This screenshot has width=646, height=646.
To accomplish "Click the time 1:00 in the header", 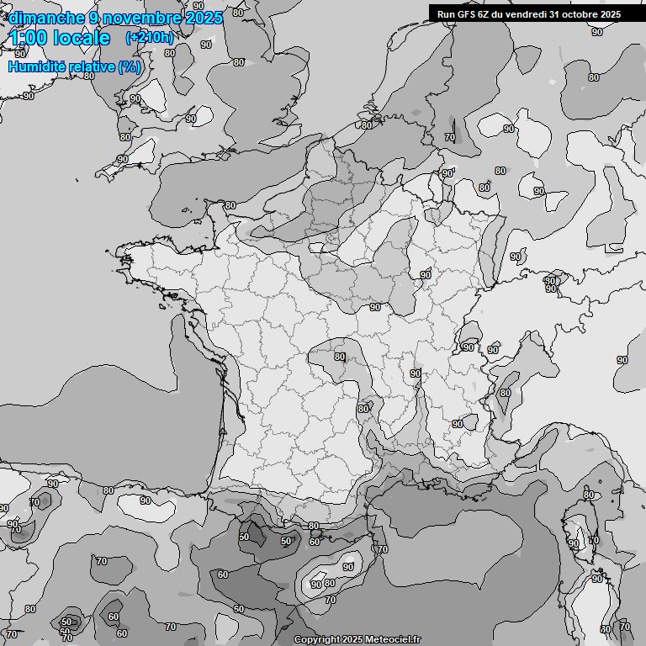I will tap(29, 38).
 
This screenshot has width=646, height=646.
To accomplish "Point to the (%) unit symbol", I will tap(130, 66).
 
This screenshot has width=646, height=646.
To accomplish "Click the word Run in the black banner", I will tap(446, 13).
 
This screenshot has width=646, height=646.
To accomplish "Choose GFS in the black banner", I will tap(465, 13).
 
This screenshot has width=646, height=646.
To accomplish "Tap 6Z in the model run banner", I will tap(483, 13).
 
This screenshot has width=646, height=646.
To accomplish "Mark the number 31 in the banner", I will tap(557, 13).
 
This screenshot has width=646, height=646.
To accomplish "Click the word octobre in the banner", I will tap(580, 13).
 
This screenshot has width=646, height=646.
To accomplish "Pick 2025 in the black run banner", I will tap(609, 13).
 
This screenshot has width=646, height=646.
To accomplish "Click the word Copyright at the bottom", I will tap(316, 640).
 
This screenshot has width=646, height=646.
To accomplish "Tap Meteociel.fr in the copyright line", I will tap(391, 640).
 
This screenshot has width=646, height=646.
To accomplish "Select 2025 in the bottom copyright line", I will tap(352, 640).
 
